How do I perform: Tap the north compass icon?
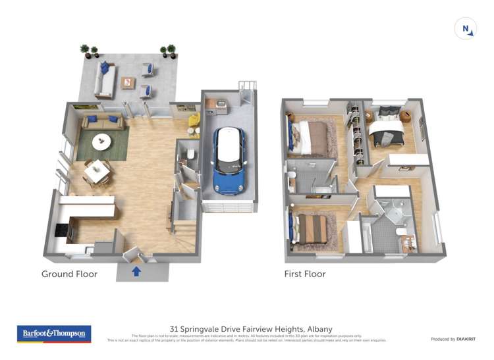(x=466, y=29)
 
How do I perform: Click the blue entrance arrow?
(x=136, y=271)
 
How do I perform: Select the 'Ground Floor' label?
(x=69, y=274)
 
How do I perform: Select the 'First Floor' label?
(x=305, y=274)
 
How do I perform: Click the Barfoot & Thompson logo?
(x=54, y=334)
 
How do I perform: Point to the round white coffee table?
(x=101, y=140)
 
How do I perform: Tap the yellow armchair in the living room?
(x=194, y=120)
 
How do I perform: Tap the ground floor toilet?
(x=190, y=155)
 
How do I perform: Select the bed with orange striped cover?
(x=312, y=228)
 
